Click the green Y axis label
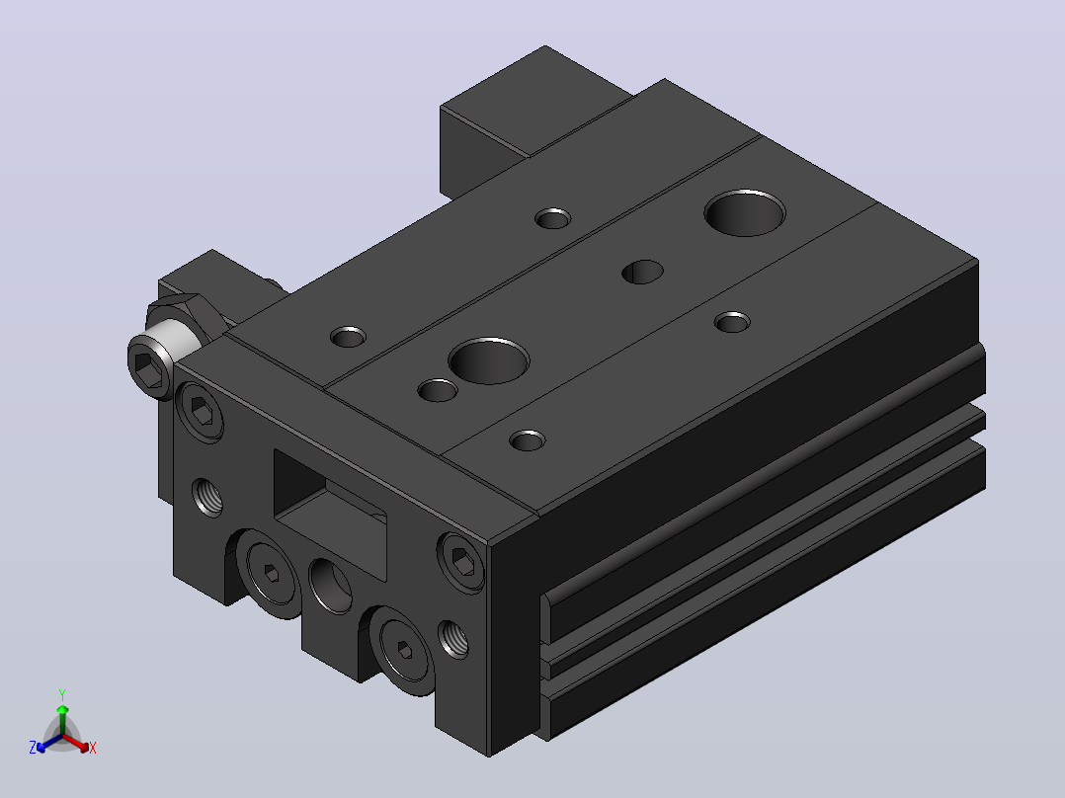(x=62, y=695)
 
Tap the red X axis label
(x=93, y=748)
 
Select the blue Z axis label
(x=33, y=747)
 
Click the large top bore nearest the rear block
(x=745, y=212)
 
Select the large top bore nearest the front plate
(x=489, y=360)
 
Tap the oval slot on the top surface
(x=642, y=272)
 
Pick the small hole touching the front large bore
(x=437, y=390)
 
